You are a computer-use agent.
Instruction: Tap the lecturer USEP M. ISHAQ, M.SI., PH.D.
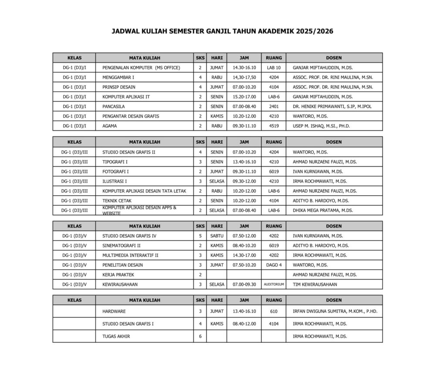[321, 126]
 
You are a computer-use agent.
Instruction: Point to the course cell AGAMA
[109, 126]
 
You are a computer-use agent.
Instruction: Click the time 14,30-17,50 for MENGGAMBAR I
[244, 78]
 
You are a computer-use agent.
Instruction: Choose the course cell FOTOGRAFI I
[115, 172]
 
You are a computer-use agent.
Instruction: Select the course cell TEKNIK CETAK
[117, 201]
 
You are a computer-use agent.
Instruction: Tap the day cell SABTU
[216, 236]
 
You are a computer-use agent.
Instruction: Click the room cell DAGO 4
[274, 265]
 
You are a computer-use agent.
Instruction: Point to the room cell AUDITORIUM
[274, 284]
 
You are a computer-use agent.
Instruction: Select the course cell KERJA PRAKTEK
[118, 274]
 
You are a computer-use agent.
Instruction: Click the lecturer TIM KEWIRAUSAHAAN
[315, 284]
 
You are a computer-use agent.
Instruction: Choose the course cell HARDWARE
[114, 311]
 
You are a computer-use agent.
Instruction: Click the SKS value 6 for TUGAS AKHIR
[200, 336]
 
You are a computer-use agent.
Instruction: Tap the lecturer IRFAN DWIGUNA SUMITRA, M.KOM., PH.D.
[335, 311]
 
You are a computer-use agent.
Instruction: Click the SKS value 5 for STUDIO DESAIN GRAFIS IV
[200, 236]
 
